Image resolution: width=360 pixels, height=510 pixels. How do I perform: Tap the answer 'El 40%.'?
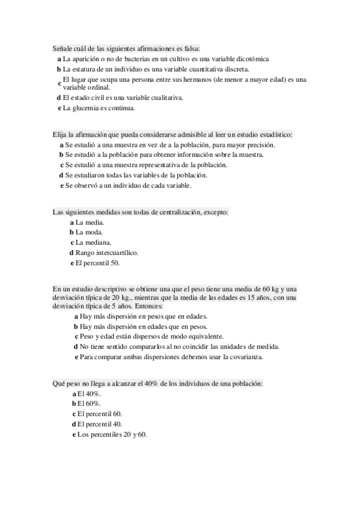tap(89, 393)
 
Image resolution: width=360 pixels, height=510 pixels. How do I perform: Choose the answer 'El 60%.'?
tap(89, 404)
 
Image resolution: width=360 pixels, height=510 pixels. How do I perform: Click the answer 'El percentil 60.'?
tap(100, 414)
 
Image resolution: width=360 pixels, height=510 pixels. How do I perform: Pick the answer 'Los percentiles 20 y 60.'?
tap(112, 434)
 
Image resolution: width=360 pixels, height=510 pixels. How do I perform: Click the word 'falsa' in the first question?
tap(191, 48)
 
